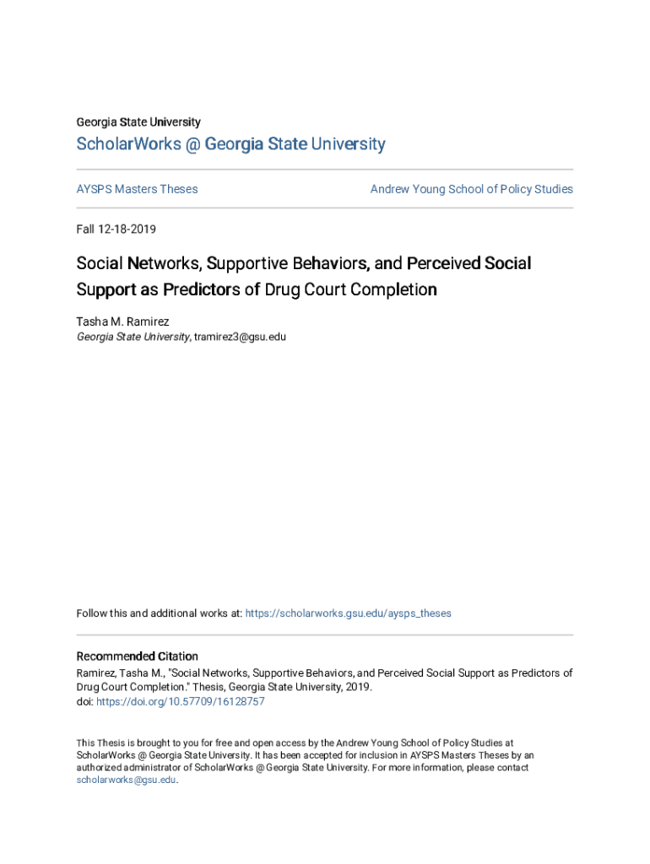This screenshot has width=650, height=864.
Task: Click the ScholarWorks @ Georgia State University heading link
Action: [x=230, y=144]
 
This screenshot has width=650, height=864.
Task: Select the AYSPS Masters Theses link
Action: [x=137, y=189]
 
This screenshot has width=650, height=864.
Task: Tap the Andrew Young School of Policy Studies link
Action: [x=471, y=189]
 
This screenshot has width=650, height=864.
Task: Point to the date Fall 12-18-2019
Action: [x=116, y=229]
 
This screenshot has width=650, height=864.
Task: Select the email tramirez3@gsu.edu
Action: [x=241, y=337]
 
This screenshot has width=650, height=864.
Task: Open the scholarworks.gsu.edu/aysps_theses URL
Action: [x=348, y=613]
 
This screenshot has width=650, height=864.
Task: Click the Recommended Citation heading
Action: [x=138, y=656]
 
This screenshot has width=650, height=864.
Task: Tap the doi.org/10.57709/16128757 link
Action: [x=181, y=701]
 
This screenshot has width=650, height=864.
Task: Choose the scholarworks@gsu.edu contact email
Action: [x=127, y=780]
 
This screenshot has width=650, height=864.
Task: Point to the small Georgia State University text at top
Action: [x=138, y=122]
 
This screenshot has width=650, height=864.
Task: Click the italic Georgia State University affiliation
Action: [x=133, y=337]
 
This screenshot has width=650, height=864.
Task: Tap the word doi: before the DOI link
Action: [x=84, y=701]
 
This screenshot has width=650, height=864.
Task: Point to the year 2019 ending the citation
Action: [x=359, y=687]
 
